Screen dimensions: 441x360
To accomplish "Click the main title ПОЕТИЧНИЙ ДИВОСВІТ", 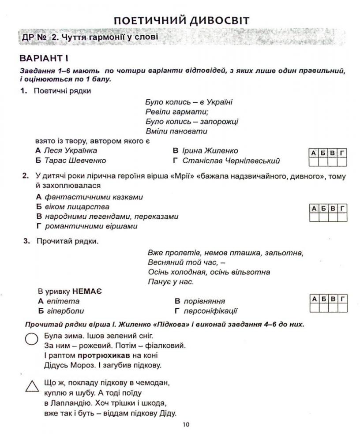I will (181, 20).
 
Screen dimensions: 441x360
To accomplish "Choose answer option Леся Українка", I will (71, 151).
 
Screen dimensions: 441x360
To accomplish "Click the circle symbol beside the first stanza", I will (31, 339).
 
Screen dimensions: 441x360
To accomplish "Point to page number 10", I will (185, 425).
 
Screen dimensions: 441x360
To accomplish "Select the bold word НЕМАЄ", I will (87, 292).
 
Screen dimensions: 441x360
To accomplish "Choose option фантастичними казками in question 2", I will (94, 197).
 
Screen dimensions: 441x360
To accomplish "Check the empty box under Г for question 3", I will (342, 307).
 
